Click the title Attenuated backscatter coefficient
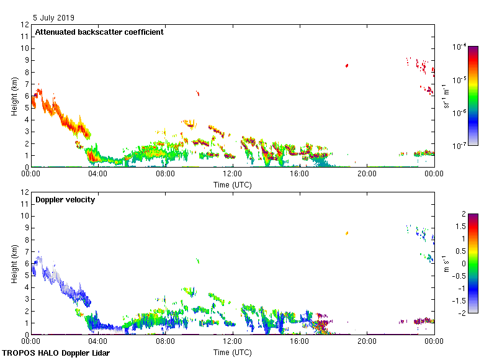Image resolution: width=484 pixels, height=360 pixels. [x=99, y=32]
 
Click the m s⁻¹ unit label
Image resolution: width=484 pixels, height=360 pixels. [x=446, y=263]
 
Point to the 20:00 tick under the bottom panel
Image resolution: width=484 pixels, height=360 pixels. [x=367, y=341]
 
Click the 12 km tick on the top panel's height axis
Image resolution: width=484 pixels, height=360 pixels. [x=25, y=25]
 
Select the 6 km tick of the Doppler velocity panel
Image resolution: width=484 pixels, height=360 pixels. [x=25, y=263]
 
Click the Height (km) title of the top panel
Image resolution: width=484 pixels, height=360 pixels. [x=14, y=96]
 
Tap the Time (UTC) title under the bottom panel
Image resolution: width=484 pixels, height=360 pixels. [x=233, y=353]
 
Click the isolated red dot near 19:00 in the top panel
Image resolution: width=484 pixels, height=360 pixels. [x=347, y=65]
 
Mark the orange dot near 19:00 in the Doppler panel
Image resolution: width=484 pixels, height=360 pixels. [x=347, y=233]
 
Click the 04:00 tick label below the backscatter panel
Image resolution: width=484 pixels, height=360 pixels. [x=98, y=174]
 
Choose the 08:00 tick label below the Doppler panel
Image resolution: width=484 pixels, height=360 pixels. [x=166, y=341]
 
